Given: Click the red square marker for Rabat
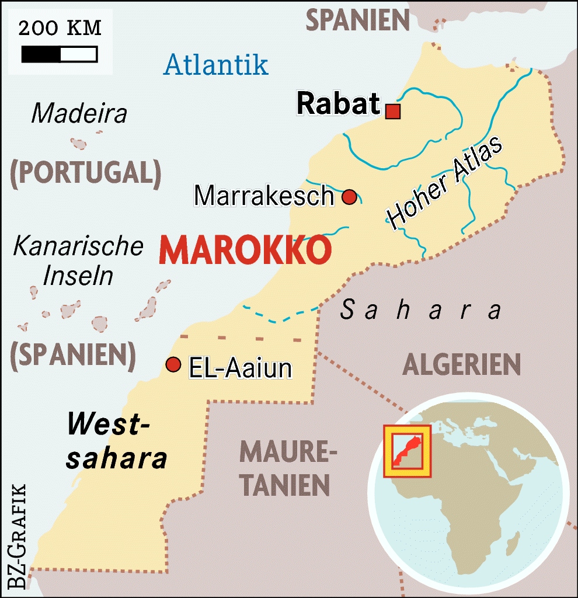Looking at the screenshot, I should click(393, 111).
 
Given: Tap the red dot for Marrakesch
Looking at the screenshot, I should click(349, 197).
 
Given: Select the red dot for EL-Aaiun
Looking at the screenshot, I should click(172, 364).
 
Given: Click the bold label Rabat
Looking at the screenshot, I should click(339, 104).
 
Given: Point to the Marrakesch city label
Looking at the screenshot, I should click(263, 196).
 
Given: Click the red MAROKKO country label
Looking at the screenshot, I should click(245, 251).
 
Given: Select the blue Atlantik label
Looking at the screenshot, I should click(216, 64).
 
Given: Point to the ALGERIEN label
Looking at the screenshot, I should click(461, 365).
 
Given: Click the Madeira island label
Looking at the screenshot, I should click(79, 113).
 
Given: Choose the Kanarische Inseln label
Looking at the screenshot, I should click(78, 260).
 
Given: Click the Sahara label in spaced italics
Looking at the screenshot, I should click(420, 310).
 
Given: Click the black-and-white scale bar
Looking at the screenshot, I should click(59, 54).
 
